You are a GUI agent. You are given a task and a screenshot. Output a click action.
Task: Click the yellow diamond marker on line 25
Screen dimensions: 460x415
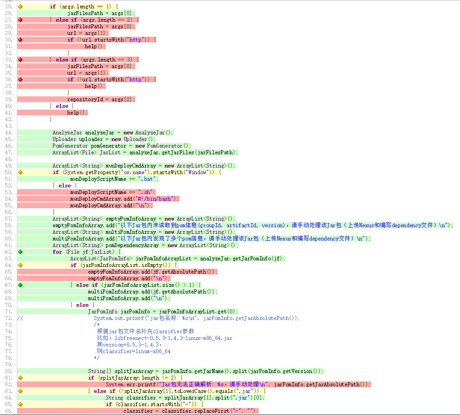click(20, 7)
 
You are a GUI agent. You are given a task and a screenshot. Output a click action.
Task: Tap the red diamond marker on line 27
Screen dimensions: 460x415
click(20, 20)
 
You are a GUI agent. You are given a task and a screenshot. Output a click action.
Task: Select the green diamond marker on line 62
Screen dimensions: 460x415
click(20, 252)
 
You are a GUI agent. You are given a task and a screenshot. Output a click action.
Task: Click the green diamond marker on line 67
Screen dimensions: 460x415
click(20, 285)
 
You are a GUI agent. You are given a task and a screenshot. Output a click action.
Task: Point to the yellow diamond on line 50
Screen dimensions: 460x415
click(20, 172)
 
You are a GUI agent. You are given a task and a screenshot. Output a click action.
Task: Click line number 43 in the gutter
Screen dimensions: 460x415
click(8, 126)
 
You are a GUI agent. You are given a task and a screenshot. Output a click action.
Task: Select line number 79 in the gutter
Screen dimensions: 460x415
click(8, 365)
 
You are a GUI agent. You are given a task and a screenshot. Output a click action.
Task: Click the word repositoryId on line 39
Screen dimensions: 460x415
click(85, 99)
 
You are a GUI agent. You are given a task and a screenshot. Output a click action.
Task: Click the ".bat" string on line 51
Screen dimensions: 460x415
click(147, 179)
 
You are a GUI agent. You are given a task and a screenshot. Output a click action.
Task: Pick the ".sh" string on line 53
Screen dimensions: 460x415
click(145, 192)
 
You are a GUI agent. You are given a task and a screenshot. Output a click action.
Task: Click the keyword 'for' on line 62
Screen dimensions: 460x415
click(57, 252)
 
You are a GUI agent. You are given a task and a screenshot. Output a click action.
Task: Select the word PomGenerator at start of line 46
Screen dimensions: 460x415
click(70, 146)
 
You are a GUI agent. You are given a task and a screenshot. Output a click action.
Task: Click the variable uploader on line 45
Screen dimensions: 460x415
click(91, 139)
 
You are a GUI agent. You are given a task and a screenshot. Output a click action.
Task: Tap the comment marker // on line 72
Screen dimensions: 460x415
click(20, 318)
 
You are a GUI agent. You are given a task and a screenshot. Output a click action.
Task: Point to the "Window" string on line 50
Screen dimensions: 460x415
click(197, 172)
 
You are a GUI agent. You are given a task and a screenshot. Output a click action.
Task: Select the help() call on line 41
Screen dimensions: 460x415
click(77, 113)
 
